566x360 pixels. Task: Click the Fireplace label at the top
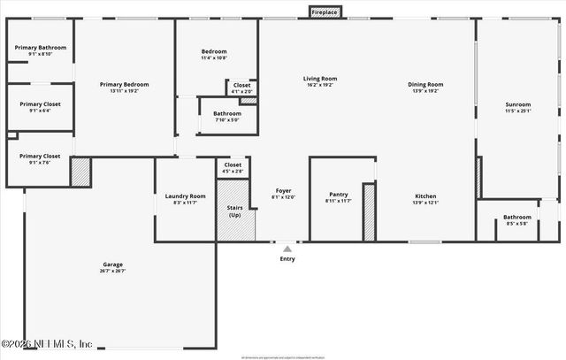[x=324, y=12]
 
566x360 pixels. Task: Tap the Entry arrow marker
[x=287, y=249]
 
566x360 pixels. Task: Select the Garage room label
[x=112, y=264]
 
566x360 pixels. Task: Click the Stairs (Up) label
[x=235, y=211]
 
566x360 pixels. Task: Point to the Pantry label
[x=338, y=195]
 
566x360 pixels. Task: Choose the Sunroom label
[x=516, y=104]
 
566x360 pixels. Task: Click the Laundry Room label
[x=186, y=196]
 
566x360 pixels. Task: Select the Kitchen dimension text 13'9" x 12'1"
[x=425, y=203]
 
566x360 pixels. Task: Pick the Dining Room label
[x=425, y=84]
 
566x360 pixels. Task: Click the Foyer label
[x=283, y=190]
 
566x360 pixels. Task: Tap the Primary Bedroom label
[x=124, y=84]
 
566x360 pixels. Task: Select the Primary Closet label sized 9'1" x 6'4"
[x=40, y=103]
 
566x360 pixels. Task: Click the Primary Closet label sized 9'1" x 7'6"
[x=40, y=156]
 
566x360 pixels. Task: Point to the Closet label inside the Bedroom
[x=241, y=86]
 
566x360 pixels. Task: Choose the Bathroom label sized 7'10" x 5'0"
[x=227, y=113]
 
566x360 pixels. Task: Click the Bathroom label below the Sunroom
[x=517, y=217]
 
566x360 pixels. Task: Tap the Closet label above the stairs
[x=233, y=165]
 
